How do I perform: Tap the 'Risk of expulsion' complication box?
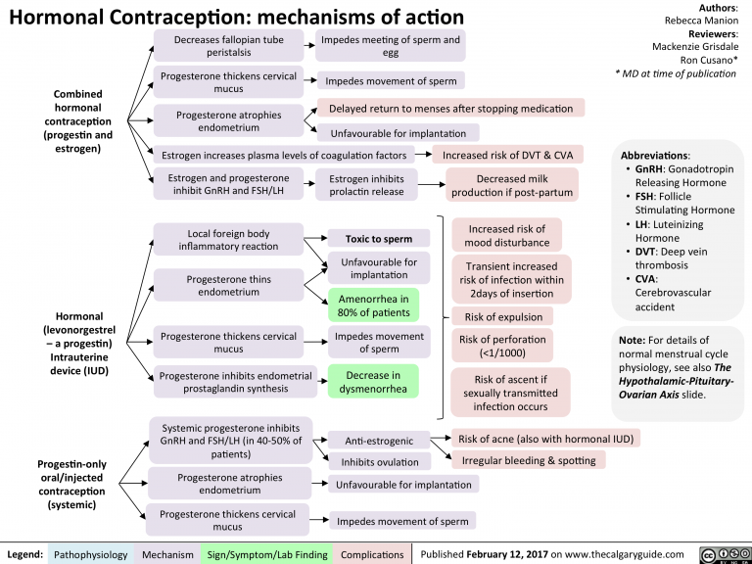[495, 315]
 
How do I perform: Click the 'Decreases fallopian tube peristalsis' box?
[228, 46]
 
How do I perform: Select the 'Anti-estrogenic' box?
[380, 440]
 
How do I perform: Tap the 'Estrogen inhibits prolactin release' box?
[366, 185]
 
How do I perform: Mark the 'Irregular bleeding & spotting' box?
[528, 460]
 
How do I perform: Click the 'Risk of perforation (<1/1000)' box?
[497, 346]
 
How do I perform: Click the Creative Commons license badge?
[726, 555]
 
